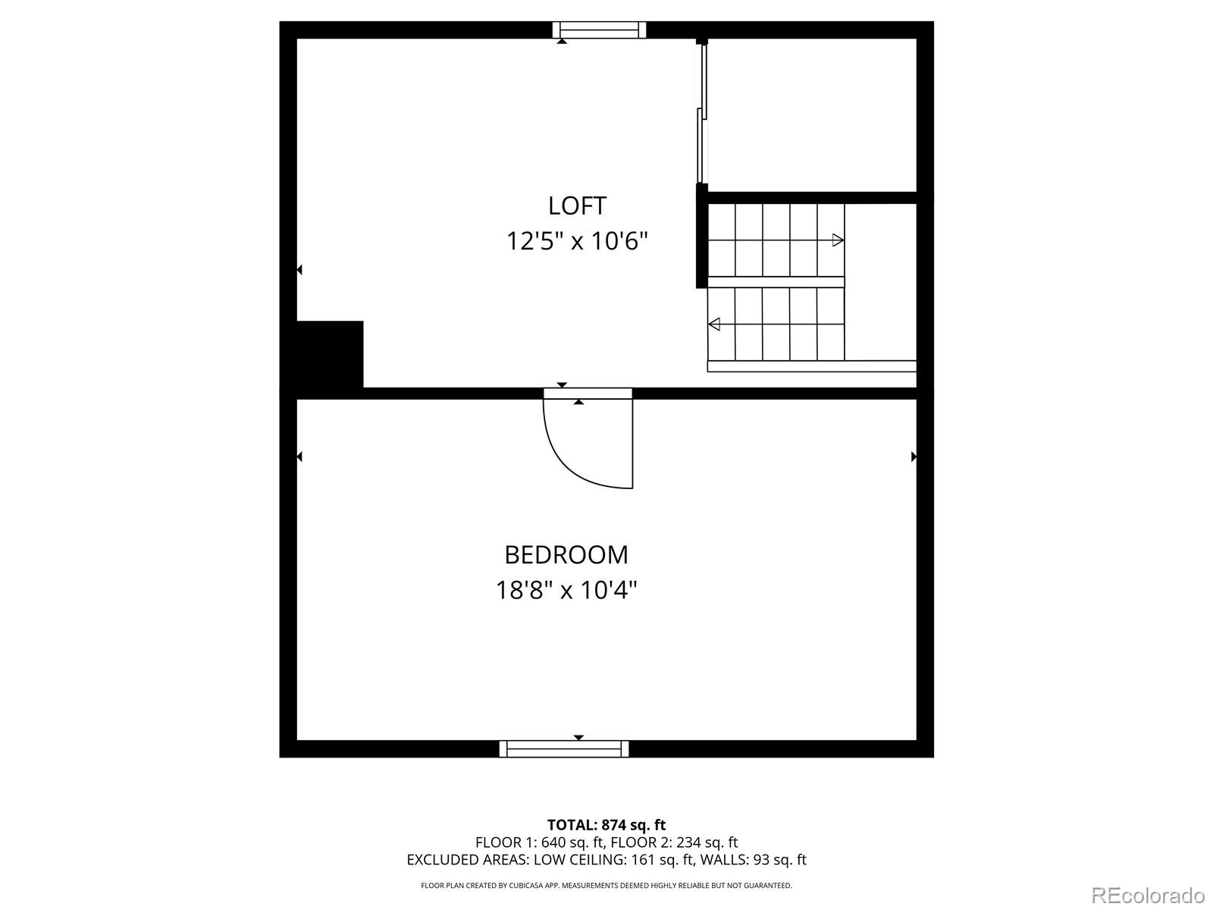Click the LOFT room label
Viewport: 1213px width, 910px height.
(x=577, y=206)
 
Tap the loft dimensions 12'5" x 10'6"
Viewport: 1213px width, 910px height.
(x=577, y=241)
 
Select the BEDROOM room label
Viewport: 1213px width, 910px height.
(x=566, y=555)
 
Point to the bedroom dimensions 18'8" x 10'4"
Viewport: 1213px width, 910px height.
(x=566, y=590)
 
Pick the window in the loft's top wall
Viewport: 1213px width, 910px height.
(x=599, y=30)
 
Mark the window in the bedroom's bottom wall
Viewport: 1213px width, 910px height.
(x=564, y=748)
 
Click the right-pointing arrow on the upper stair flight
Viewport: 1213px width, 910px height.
(x=838, y=240)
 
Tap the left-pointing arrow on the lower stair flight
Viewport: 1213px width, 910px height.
(x=713, y=325)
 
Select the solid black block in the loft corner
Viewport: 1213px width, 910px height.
(x=329, y=354)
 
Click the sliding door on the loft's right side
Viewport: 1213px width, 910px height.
(x=701, y=114)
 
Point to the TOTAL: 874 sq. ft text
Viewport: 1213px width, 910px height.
(x=606, y=825)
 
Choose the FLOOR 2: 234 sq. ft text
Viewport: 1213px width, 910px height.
(x=674, y=843)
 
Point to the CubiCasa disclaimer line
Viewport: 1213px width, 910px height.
(x=606, y=885)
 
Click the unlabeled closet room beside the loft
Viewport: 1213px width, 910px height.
(x=811, y=114)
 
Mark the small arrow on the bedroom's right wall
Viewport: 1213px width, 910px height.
(x=914, y=457)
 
